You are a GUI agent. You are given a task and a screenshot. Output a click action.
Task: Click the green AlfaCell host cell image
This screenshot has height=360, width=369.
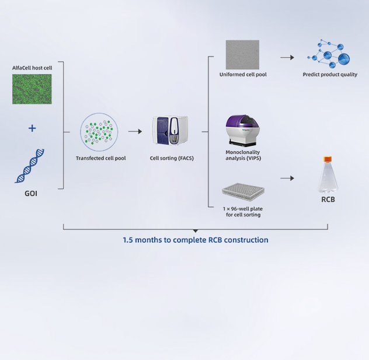[x=32, y=89]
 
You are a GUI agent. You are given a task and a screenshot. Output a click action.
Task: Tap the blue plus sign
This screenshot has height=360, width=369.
[x=32, y=128]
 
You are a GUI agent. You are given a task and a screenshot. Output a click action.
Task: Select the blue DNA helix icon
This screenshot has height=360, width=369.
[x=30, y=166]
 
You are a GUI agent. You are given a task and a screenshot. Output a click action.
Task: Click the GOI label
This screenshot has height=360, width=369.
[x=31, y=194]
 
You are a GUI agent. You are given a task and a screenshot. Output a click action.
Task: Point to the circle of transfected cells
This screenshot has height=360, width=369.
[x=99, y=132]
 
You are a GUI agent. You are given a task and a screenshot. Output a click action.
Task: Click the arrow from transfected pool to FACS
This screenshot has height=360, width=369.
[x=135, y=131]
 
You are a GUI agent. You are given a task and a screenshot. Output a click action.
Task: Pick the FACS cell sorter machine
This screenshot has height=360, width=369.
[x=170, y=130]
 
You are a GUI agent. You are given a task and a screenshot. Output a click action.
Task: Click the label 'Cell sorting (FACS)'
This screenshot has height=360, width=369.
[x=172, y=158]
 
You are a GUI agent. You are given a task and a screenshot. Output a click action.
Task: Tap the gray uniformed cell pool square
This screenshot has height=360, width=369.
[x=242, y=54]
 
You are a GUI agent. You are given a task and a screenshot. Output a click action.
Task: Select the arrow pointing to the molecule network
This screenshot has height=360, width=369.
[x=287, y=57]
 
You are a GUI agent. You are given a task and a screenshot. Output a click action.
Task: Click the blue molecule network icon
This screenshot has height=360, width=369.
[x=329, y=54]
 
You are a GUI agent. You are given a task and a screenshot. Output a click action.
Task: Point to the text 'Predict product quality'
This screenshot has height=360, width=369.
[x=330, y=75]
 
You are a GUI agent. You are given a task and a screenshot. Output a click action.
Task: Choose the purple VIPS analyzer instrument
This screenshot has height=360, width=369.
[x=243, y=131]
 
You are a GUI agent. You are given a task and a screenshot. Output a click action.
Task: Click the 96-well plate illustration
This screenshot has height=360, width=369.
[x=243, y=192]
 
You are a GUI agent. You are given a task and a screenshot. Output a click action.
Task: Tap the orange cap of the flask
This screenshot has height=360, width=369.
[x=328, y=159]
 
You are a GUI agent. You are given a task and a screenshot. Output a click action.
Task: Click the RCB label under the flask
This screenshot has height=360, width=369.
[x=328, y=200]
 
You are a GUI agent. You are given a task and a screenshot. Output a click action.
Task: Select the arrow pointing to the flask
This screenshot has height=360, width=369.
[x=287, y=179]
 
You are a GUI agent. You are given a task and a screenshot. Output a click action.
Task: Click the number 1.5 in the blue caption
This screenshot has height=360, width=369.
[x=128, y=240]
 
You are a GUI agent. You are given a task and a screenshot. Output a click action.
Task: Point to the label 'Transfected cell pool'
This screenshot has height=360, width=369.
[x=101, y=158]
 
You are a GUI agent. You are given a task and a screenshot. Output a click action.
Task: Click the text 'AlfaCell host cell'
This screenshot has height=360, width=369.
[x=32, y=68]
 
